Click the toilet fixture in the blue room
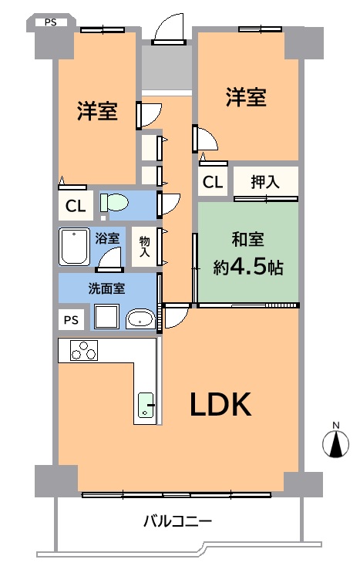[114, 202]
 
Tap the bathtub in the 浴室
[74, 246]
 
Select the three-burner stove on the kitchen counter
[84, 350]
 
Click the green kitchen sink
[146, 405]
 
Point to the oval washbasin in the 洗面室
[140, 318]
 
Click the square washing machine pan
[106, 316]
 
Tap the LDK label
[220, 404]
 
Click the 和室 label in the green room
[247, 240]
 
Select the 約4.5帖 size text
[248, 267]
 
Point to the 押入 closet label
[265, 181]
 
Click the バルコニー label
[177, 521]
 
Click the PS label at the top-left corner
[51, 22]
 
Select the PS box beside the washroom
[72, 320]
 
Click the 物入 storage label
[145, 247]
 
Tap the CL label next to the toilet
[76, 206]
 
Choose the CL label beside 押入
[213, 182]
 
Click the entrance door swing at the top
[169, 29]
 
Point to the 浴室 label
[107, 238]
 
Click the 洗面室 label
[107, 288]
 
